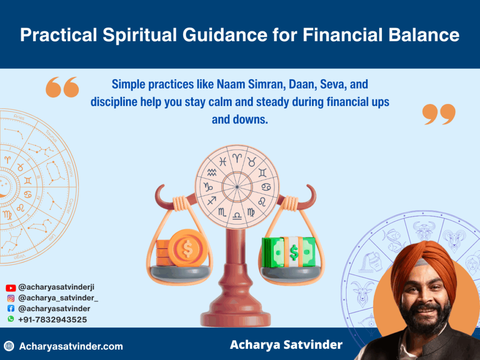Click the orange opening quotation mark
click(62, 87)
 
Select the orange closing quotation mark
click(439, 114)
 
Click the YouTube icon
click(11, 288)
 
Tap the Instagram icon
click(11, 298)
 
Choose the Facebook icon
click(11, 308)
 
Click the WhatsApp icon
click(11, 319)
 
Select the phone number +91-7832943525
click(52, 319)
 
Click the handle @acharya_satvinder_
click(58, 298)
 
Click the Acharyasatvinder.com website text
click(71, 346)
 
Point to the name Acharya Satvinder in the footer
click(286, 345)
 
